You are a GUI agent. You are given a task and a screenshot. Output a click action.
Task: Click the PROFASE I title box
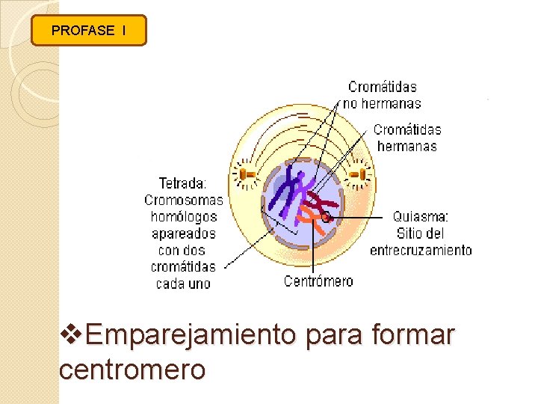89,31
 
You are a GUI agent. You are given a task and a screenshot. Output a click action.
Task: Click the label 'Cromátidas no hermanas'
383,95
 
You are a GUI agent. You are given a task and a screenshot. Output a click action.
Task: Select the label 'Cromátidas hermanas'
407,138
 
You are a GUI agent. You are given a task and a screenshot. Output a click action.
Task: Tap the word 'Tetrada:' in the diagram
183,183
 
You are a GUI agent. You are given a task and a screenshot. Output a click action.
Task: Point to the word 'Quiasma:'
421,216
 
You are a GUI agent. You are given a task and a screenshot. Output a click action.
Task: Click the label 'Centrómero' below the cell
318,281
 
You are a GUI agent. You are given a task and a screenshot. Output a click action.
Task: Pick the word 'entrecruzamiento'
421,250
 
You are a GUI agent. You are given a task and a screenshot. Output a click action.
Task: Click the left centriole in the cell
246,174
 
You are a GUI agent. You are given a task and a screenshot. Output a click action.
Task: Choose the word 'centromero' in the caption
132,369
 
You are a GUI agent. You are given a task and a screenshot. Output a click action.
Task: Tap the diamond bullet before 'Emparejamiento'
72,335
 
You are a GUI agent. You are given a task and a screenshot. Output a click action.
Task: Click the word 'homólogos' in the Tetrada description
183,216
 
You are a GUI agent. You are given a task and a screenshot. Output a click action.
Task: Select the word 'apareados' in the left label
183,233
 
